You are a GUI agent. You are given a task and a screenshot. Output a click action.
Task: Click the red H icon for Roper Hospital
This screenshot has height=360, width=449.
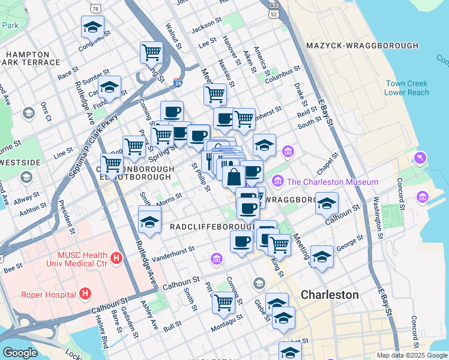point(85,293)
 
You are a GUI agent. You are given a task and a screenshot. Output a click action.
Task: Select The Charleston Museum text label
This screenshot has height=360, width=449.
point(332,182)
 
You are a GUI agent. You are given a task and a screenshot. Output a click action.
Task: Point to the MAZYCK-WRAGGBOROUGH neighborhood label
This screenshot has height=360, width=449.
point(362,46)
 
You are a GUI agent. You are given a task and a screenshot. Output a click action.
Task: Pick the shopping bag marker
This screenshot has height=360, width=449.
point(234,177)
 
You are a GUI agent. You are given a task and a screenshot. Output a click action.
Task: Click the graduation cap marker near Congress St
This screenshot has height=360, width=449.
point(92,27)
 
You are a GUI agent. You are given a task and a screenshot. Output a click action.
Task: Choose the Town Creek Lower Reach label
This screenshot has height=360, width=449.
point(408,88)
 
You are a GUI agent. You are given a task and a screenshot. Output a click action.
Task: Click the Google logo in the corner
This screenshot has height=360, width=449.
point(20,353)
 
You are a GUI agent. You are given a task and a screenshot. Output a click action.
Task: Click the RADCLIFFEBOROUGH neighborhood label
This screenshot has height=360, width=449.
point(212,227)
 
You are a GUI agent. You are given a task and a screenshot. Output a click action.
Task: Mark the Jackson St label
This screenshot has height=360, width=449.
point(206,28)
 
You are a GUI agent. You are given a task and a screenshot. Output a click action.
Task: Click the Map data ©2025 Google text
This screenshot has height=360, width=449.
point(411,355)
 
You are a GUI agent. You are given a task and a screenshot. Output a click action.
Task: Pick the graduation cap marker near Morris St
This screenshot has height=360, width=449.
point(149,221)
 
